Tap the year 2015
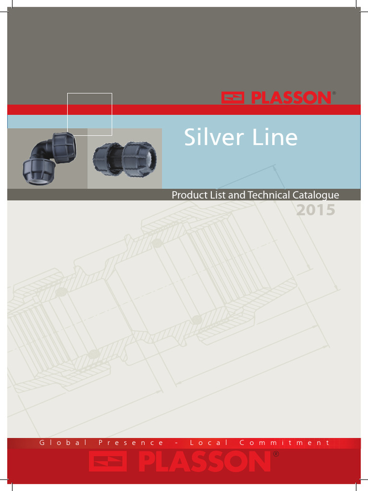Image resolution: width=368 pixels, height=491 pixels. point(315,210)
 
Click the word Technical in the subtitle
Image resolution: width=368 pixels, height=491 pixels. point(269,195)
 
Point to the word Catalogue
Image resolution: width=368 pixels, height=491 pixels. point(316,196)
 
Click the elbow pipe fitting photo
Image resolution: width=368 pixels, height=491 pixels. point(49,158)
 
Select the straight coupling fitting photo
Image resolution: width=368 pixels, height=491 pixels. point(125,159)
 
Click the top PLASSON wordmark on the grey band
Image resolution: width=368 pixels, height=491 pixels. point(291,98)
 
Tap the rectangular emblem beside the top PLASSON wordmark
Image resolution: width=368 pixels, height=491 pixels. point(232,98)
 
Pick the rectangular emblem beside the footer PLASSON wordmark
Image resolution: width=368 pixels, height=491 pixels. point(108,461)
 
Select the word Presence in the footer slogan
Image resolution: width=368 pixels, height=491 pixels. point(131,443)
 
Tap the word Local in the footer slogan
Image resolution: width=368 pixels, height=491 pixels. point(209,443)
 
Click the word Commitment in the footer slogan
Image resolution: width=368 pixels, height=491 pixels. point(285,443)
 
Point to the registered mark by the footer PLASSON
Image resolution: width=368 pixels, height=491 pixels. point(276,454)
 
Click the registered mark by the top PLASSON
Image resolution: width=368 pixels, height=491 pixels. point(334,93)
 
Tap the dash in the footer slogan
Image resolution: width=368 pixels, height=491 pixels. point(176,443)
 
